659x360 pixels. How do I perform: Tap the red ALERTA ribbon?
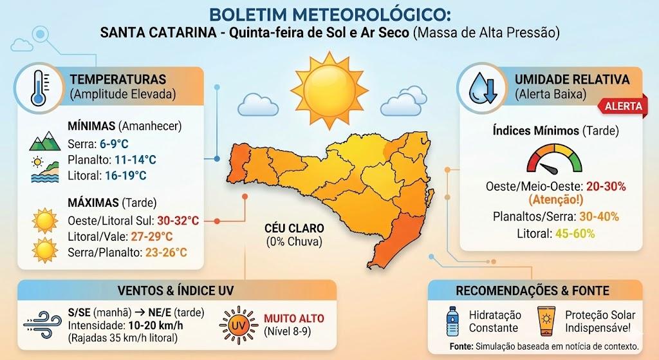[622, 106]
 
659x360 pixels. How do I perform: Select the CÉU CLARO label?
[294, 229]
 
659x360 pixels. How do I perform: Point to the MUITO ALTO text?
[294, 319]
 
